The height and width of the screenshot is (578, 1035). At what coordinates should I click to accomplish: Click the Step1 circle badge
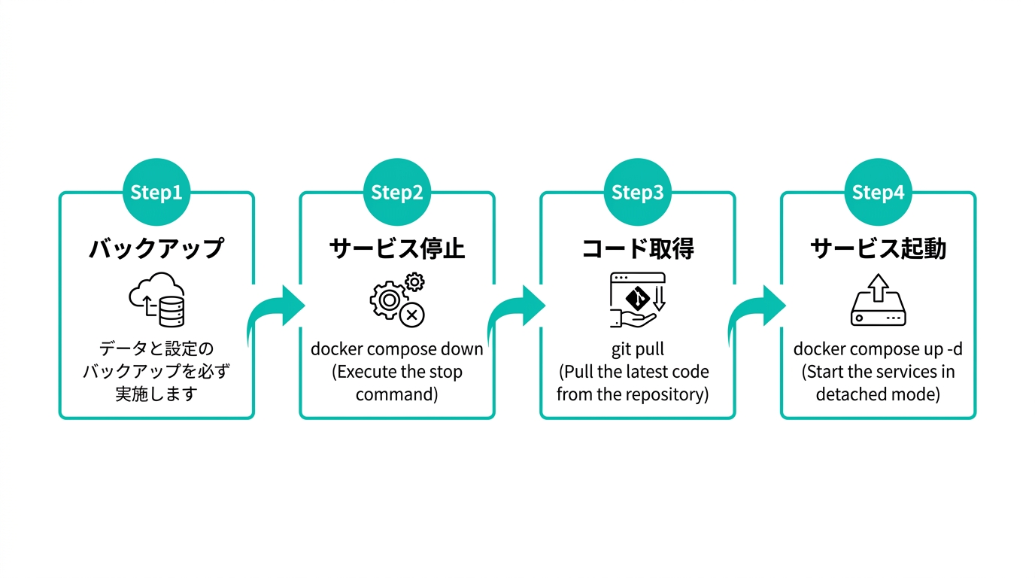(x=156, y=193)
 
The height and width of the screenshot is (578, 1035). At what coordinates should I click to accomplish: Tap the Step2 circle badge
(x=397, y=193)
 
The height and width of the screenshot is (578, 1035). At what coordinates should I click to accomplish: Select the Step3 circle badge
(x=638, y=193)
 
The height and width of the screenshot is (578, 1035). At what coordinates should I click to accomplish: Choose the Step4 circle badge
(x=878, y=193)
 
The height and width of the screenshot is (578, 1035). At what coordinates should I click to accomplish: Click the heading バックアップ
(x=156, y=248)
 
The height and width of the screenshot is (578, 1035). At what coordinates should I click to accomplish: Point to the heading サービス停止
(x=397, y=248)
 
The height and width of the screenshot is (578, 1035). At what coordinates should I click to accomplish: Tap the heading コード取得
(x=638, y=248)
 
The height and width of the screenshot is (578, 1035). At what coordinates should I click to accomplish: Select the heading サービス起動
(x=878, y=248)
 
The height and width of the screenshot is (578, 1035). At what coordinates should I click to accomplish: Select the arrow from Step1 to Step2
(x=276, y=312)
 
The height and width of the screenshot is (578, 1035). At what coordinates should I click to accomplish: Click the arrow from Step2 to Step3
(x=517, y=312)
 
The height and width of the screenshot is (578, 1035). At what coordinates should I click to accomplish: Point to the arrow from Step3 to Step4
(x=757, y=312)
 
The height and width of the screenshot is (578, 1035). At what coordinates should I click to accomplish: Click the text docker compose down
(x=397, y=349)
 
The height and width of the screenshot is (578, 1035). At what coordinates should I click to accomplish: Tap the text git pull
(x=638, y=349)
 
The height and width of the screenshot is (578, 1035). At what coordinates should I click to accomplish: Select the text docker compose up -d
(x=878, y=349)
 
